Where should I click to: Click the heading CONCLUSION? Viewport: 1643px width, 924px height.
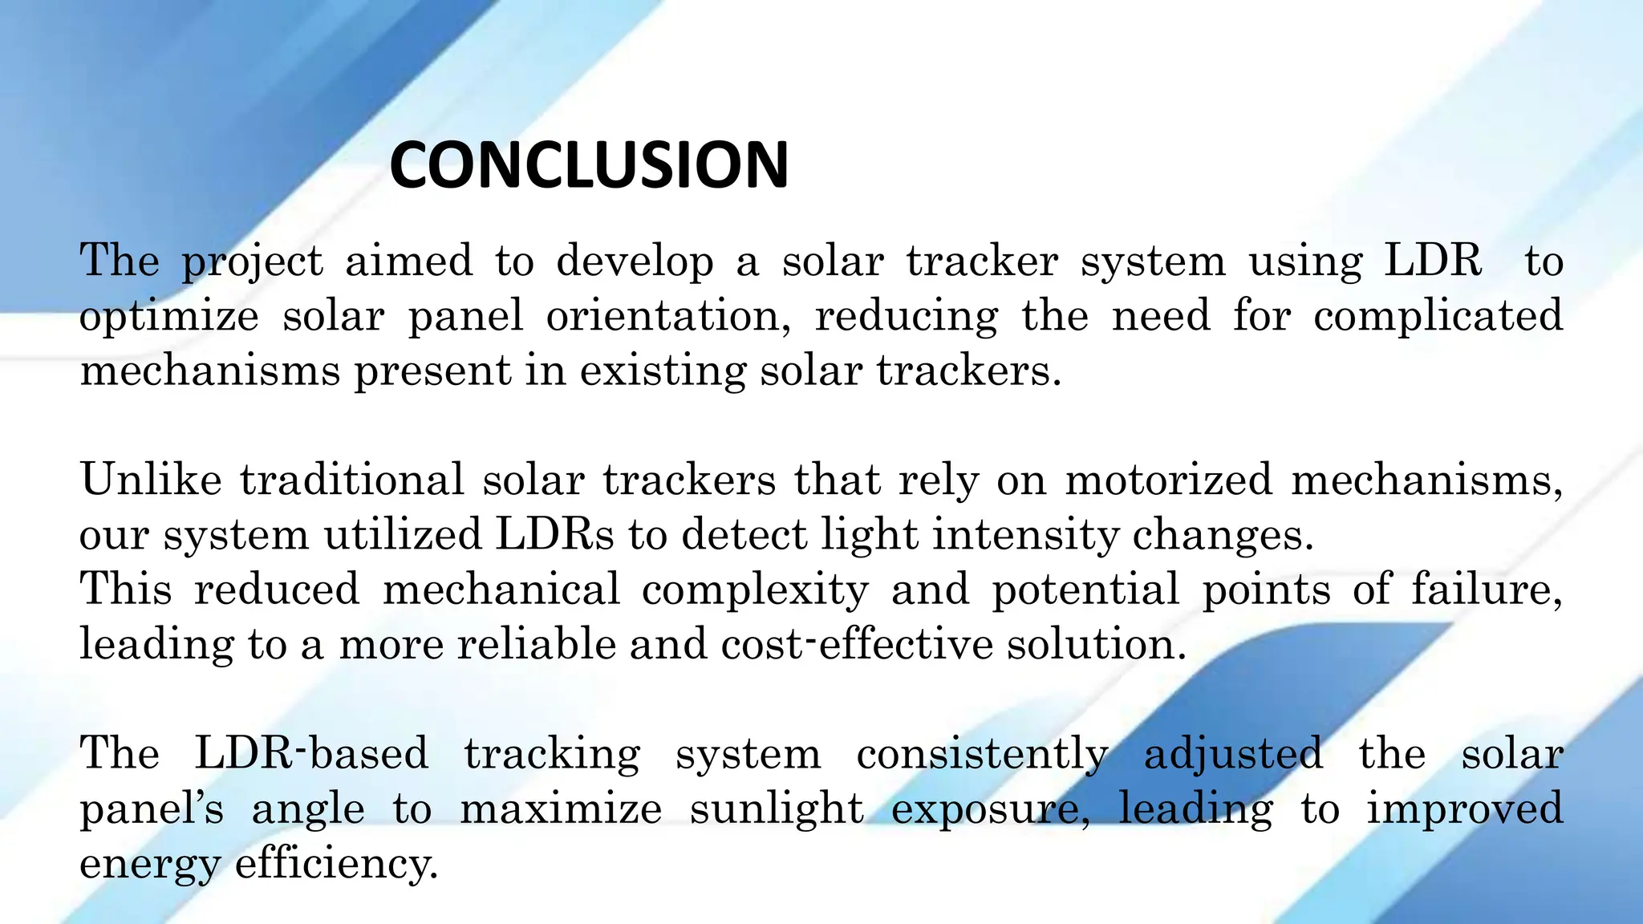point(589,165)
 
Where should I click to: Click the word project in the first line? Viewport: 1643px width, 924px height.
point(252,262)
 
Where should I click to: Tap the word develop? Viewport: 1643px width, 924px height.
point(635,262)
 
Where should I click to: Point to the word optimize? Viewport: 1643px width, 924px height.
point(168,317)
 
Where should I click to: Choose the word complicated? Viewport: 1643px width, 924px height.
point(1438,315)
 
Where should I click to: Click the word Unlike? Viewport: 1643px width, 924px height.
point(151,480)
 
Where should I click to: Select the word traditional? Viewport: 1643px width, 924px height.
point(352,480)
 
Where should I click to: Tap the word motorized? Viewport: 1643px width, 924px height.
point(1168,480)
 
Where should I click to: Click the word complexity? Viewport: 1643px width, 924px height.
point(755,590)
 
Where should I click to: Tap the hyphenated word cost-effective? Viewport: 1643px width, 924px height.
point(857,644)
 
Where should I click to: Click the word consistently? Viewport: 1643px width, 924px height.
point(982,755)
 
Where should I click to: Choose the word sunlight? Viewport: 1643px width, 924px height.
point(777,809)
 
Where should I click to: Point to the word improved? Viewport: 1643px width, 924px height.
point(1465,809)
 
